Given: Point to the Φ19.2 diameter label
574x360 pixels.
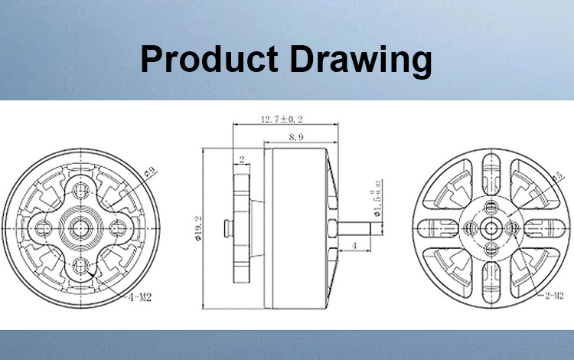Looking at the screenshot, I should (199, 228).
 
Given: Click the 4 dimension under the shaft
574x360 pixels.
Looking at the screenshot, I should (354, 246).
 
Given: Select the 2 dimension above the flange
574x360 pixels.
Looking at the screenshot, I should (241, 160).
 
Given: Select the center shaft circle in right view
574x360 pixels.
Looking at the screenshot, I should (491, 227).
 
